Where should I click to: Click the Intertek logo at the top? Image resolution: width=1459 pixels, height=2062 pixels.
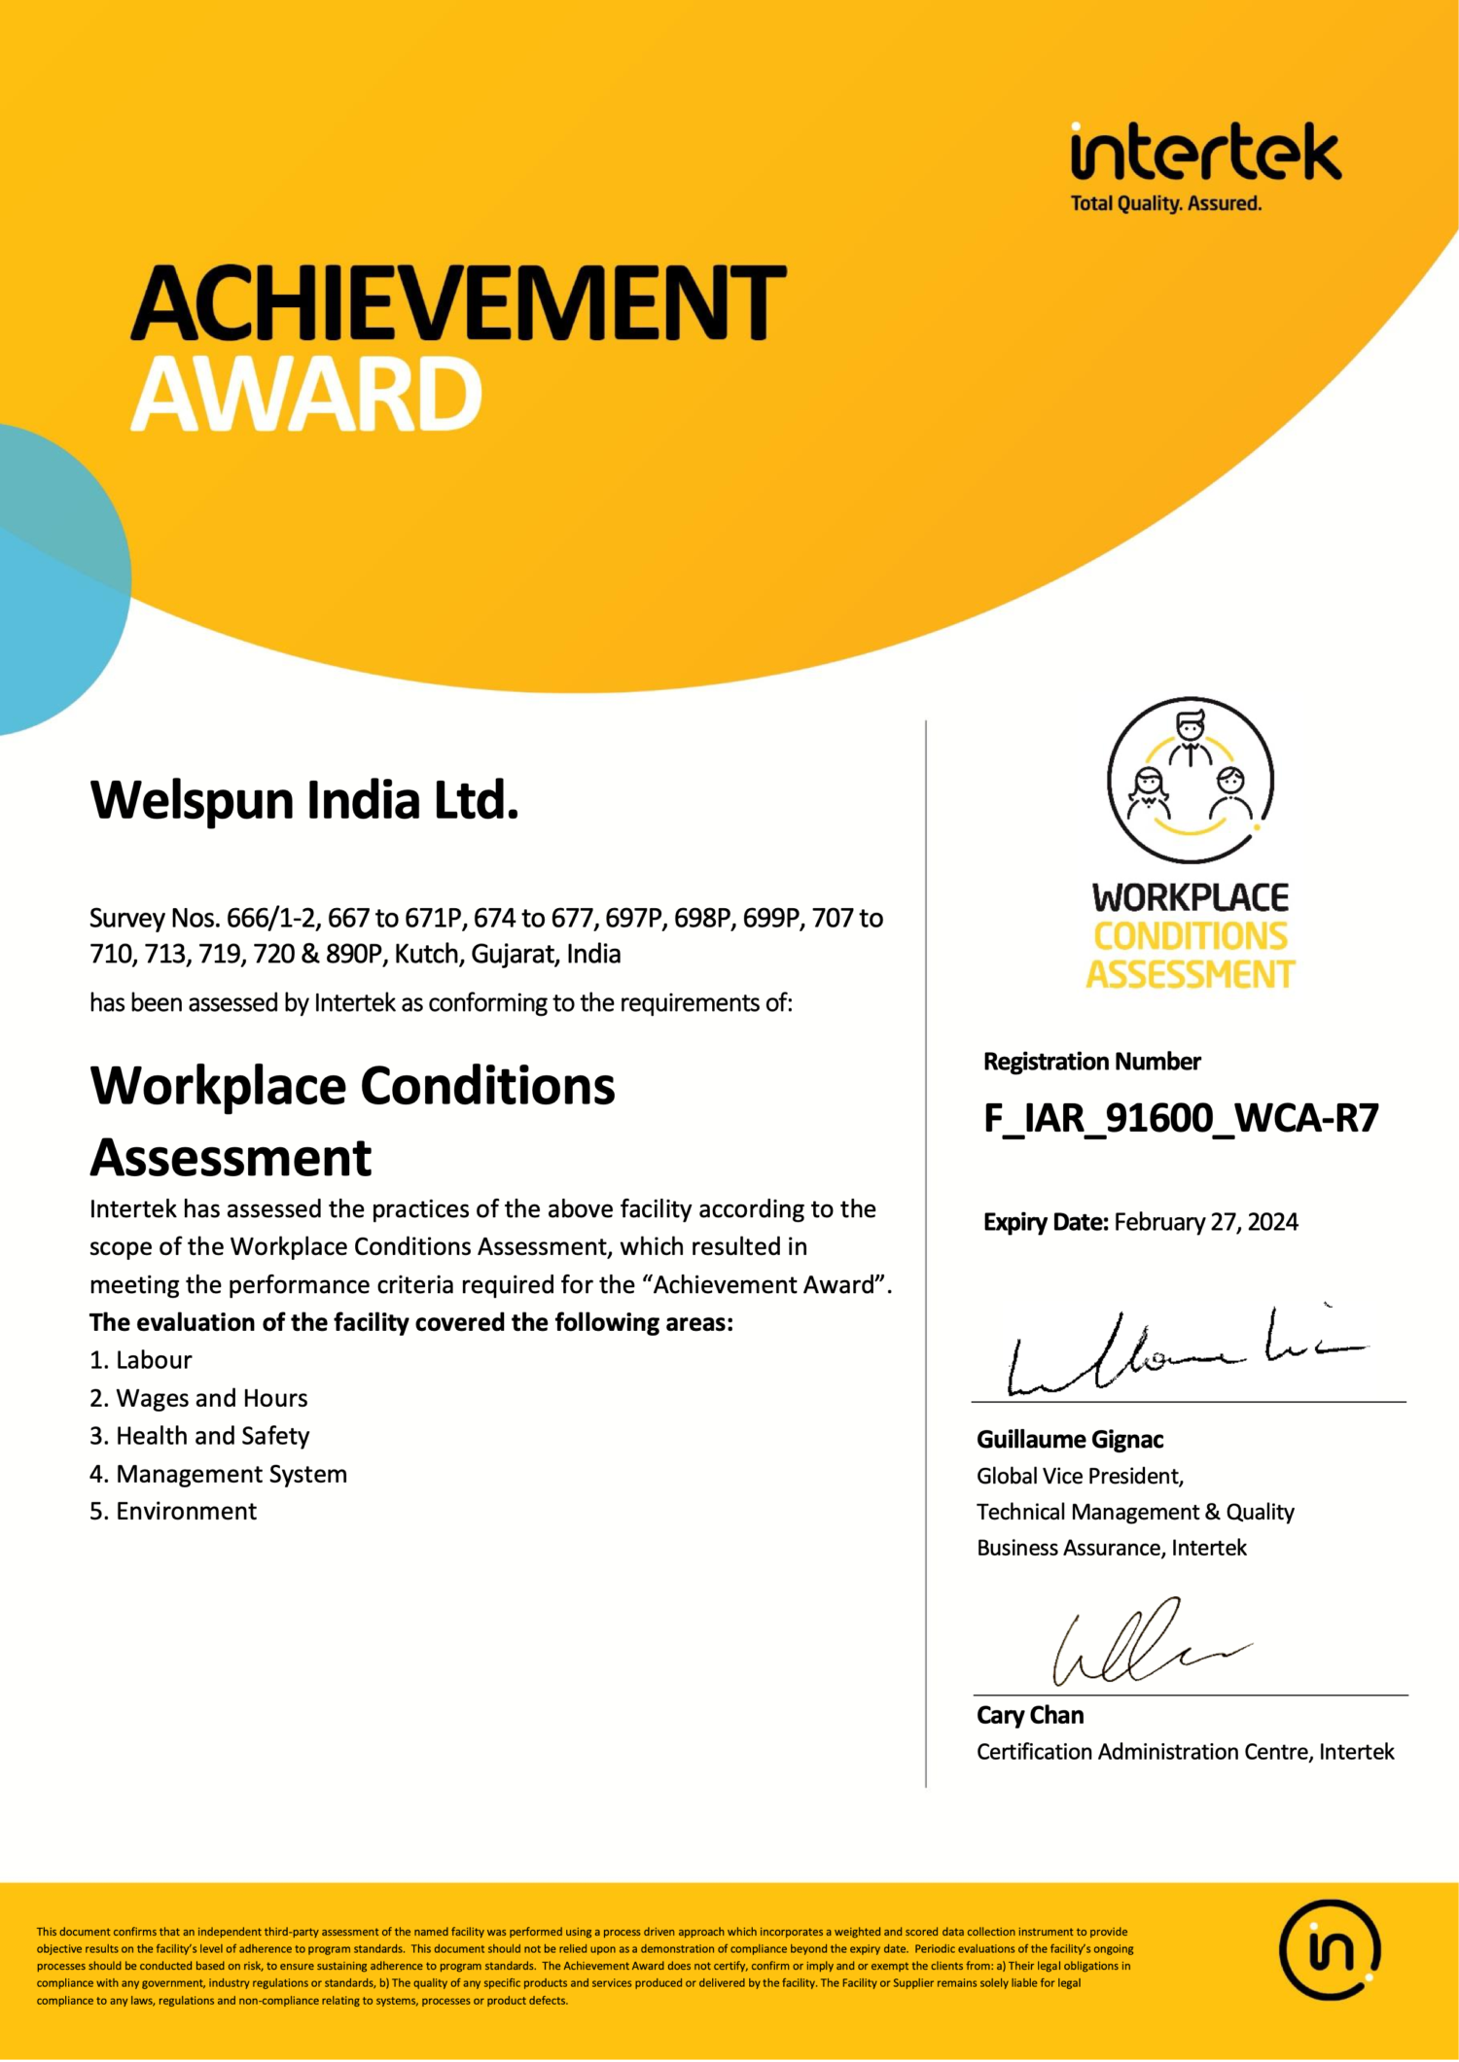click(x=1205, y=154)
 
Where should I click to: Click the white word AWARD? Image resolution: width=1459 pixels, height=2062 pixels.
click(x=306, y=394)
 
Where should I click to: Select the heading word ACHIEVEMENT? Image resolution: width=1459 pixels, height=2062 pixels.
click(x=458, y=303)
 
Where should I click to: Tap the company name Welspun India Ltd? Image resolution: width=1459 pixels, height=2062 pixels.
click(x=304, y=800)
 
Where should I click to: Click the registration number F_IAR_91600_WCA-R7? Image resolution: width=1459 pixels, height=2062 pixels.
click(x=1181, y=1118)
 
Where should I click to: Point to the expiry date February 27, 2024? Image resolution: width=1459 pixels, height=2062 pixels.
click(x=1205, y=1222)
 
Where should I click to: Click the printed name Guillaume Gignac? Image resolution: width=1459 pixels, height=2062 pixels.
click(x=1070, y=1440)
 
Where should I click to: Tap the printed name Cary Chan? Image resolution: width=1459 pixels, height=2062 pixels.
click(x=1030, y=1716)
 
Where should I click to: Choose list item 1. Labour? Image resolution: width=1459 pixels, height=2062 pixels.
click(x=141, y=1360)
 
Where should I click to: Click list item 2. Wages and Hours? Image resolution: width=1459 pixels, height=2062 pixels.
click(x=198, y=1398)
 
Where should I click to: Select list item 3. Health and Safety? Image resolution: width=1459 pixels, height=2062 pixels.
click(x=199, y=1436)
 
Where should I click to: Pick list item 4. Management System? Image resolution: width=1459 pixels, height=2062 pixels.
click(x=218, y=1474)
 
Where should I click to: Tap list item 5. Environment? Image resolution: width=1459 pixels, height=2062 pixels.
click(x=173, y=1512)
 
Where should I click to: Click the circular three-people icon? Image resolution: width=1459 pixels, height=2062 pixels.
click(x=1191, y=780)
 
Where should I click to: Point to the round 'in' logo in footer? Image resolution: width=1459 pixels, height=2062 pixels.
click(x=1330, y=1948)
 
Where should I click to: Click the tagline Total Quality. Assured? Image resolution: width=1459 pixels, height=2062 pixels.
click(x=1165, y=204)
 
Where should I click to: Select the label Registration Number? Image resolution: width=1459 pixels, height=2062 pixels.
click(x=1091, y=1062)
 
